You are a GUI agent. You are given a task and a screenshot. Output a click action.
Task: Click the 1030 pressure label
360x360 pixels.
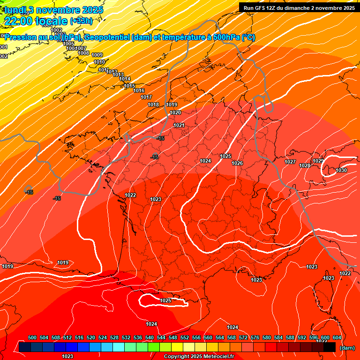tap(341, 170)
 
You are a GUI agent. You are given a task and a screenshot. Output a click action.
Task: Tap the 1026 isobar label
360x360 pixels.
tap(237, 163)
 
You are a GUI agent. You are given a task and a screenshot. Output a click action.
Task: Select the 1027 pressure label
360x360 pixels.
tap(290, 162)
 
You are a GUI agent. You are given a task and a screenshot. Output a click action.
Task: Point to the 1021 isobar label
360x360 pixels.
tap(179, 125)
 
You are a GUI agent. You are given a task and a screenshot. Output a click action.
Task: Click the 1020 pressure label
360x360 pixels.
tap(175, 112)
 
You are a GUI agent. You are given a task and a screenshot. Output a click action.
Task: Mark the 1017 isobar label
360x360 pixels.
tap(146, 97)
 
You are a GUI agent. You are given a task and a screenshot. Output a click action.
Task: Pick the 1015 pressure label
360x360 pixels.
tap(129, 86)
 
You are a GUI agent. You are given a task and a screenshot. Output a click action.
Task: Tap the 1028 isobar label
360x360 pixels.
tap(305, 165)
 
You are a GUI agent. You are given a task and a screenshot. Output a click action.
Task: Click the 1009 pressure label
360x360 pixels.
tap(97, 55)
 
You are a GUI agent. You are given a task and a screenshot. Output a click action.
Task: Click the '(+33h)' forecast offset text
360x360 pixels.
tap(81, 21)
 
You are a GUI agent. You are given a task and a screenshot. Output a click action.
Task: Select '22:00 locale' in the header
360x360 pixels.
tap(36, 21)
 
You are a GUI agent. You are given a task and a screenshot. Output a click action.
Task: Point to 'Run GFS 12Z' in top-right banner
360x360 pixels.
tap(261, 8)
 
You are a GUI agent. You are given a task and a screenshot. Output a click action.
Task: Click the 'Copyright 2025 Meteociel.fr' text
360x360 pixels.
tap(199, 356)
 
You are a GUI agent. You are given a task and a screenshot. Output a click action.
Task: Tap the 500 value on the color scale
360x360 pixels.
tap(32, 337)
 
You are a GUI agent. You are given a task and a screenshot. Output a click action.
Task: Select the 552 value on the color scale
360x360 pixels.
tap(185, 337)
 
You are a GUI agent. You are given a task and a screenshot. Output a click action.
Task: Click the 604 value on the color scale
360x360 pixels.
tap(337, 337)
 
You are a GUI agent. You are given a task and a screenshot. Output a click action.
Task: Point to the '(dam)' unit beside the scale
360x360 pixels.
tap(347, 348)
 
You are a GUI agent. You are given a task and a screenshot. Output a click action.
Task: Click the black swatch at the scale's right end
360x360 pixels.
tap(330, 347)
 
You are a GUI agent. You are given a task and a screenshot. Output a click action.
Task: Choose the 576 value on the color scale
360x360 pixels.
tap(255, 337)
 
